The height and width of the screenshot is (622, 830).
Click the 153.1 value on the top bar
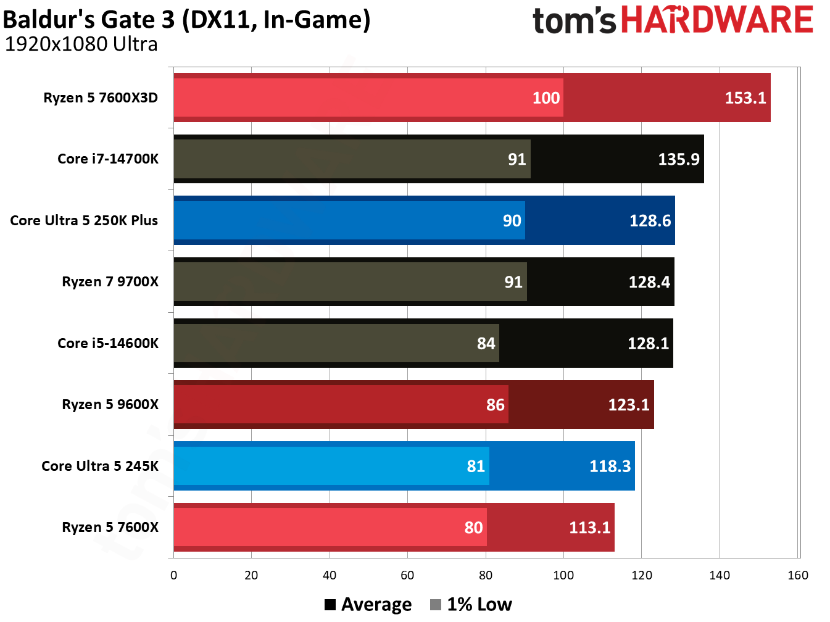click(x=745, y=98)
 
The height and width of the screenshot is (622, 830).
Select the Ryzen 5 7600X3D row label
click(x=101, y=98)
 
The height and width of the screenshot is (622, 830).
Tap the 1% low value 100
click(x=546, y=98)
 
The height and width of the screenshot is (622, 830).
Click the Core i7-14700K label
click(x=108, y=159)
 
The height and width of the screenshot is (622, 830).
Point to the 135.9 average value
click(x=678, y=159)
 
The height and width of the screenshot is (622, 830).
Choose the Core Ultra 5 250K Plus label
click(x=84, y=221)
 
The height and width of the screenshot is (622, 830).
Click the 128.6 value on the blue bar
click(x=650, y=221)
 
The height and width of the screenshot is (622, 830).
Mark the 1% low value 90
click(x=512, y=221)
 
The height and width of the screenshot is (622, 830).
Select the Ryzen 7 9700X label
click(x=110, y=282)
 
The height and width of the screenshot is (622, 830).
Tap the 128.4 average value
click(x=649, y=282)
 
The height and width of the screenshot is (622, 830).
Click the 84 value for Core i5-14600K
click(x=486, y=344)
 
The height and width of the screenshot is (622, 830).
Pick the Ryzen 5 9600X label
click(x=110, y=405)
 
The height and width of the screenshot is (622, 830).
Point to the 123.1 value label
click(x=628, y=405)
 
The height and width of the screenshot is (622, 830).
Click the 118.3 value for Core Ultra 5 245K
click(x=610, y=466)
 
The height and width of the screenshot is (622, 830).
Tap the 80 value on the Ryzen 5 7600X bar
click(x=473, y=528)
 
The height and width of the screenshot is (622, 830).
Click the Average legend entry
click(x=368, y=605)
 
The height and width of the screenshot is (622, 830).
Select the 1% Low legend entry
click(x=471, y=605)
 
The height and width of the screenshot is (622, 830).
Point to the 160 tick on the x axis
click(x=797, y=575)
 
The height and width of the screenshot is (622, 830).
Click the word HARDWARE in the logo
click(x=716, y=20)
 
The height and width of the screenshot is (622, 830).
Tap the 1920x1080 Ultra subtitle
click(x=81, y=44)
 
